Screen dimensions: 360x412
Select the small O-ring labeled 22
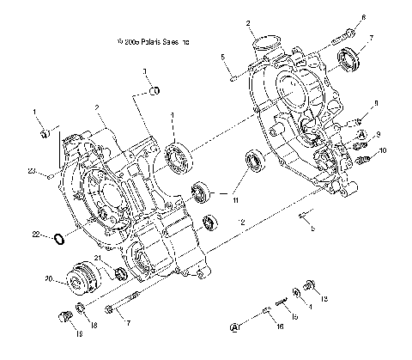coord(57,238)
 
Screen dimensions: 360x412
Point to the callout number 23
coord(31,172)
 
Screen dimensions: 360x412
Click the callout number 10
coord(384,151)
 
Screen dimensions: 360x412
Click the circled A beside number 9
coord(362,135)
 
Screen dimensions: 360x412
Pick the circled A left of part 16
coord(235,327)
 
